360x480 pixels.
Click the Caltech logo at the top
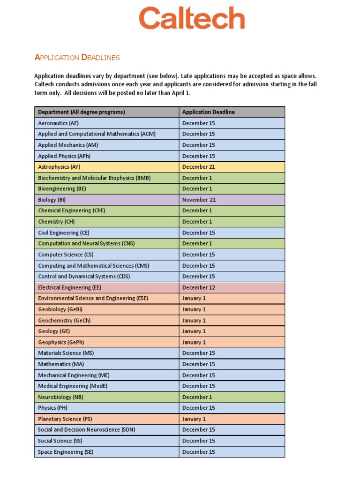tap(192, 19)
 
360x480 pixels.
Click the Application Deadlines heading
tap(77, 58)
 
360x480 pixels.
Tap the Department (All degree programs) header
tap(82, 112)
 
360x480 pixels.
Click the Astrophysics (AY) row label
tap(60, 167)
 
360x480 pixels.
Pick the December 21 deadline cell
tap(198, 167)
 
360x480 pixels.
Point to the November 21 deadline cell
tap(199, 200)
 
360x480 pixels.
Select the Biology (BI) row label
tap(52, 200)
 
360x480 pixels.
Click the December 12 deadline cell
tap(198, 287)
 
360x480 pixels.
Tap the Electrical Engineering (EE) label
tap(70, 287)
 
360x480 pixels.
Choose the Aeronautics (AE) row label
tap(58, 123)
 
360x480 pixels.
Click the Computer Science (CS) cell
tap(66, 255)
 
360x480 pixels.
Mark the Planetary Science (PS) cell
tap(65, 419)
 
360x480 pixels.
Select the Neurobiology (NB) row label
tap(60, 397)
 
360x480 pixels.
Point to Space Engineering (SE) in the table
tap(66, 452)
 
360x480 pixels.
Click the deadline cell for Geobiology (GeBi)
tap(194, 309)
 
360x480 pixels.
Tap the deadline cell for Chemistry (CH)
tap(197, 222)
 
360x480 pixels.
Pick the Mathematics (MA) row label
tap(61, 364)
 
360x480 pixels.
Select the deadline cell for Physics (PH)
tap(198, 408)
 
